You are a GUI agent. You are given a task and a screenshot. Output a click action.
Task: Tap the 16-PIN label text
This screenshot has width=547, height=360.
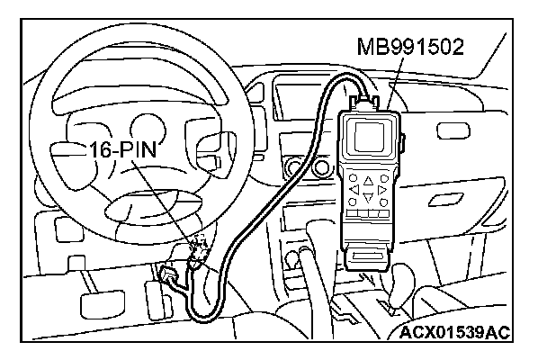[125, 150]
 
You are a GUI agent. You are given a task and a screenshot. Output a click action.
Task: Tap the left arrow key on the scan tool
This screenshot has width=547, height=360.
[354, 190]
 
